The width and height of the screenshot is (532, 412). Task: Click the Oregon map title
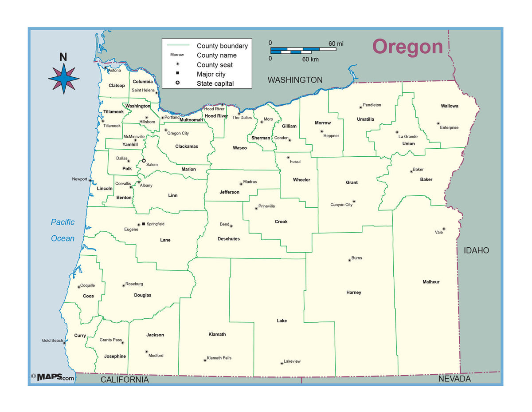coord(407,47)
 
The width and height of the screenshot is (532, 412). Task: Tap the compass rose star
coord(64,78)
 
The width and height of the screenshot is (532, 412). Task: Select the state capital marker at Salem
coord(144,161)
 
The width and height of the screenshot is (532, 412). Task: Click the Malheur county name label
coord(431,282)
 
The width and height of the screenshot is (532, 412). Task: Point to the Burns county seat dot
coord(349,260)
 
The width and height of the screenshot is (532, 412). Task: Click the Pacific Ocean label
coord(63,230)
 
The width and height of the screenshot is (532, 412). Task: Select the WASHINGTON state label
coord(295,80)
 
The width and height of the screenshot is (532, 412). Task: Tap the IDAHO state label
coord(476,250)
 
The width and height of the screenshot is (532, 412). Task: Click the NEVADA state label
coord(454,379)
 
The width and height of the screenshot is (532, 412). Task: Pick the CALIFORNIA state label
coord(125,380)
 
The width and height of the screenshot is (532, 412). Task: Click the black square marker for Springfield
coord(143,224)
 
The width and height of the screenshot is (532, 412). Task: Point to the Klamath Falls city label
coord(219,358)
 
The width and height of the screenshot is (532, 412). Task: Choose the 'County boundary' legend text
coord(222,46)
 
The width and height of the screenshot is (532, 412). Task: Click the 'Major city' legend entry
coord(211,74)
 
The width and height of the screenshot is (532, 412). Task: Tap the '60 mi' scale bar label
coord(336,44)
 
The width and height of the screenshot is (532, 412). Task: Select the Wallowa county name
coord(450,106)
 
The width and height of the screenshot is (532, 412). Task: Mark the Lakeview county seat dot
coord(282,364)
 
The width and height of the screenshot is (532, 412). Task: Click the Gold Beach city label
coord(52,341)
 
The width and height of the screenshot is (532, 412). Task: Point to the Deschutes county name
coord(228,239)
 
